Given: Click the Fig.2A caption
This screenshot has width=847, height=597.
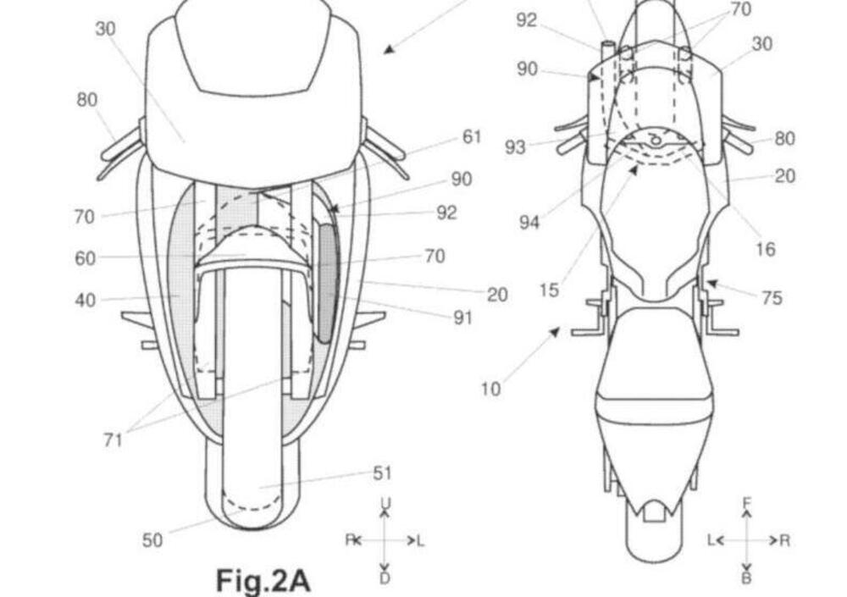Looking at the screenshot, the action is [263, 581].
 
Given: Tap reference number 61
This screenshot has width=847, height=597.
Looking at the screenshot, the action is [472, 137].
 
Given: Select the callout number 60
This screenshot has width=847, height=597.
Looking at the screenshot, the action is [85, 258].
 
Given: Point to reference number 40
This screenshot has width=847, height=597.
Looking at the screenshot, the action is [86, 300].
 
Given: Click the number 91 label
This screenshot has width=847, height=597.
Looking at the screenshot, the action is [463, 318].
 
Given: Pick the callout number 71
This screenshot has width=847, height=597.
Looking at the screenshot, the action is [113, 440].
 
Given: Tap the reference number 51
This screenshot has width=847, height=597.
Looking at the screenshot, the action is [383, 473].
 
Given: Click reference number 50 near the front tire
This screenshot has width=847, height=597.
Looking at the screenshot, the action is [152, 539].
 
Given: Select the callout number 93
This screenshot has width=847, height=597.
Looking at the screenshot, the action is [515, 147].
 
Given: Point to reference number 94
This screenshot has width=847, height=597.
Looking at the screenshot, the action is [529, 222].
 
